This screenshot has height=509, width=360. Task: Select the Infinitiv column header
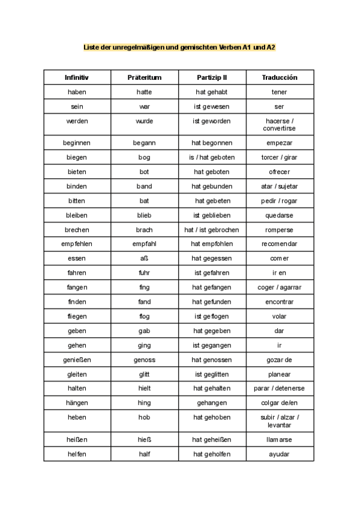point(77,77)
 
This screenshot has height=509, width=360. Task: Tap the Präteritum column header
point(145,77)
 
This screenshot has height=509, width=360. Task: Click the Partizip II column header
point(212,77)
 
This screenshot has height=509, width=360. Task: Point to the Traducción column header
point(280,77)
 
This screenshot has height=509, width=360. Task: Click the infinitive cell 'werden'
point(77,121)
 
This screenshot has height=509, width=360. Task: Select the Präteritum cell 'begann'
point(145,143)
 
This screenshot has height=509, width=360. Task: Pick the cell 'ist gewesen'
point(212,106)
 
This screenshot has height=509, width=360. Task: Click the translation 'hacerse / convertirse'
point(280,125)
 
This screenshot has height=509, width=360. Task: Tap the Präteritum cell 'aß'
point(145,258)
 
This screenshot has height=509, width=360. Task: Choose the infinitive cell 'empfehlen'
point(77,244)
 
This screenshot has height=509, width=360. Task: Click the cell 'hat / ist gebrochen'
point(212,229)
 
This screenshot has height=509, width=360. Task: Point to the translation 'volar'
point(280,316)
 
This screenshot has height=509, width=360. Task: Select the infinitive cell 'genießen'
point(77,360)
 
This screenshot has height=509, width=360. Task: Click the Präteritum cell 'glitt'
point(145,374)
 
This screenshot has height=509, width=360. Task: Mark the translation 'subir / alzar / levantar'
point(280,421)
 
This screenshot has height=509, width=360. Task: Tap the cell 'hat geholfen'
point(212,454)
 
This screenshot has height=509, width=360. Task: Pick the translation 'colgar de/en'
point(280,403)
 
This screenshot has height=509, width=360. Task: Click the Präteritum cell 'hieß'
point(145,439)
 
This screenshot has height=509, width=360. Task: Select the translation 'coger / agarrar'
point(280,287)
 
